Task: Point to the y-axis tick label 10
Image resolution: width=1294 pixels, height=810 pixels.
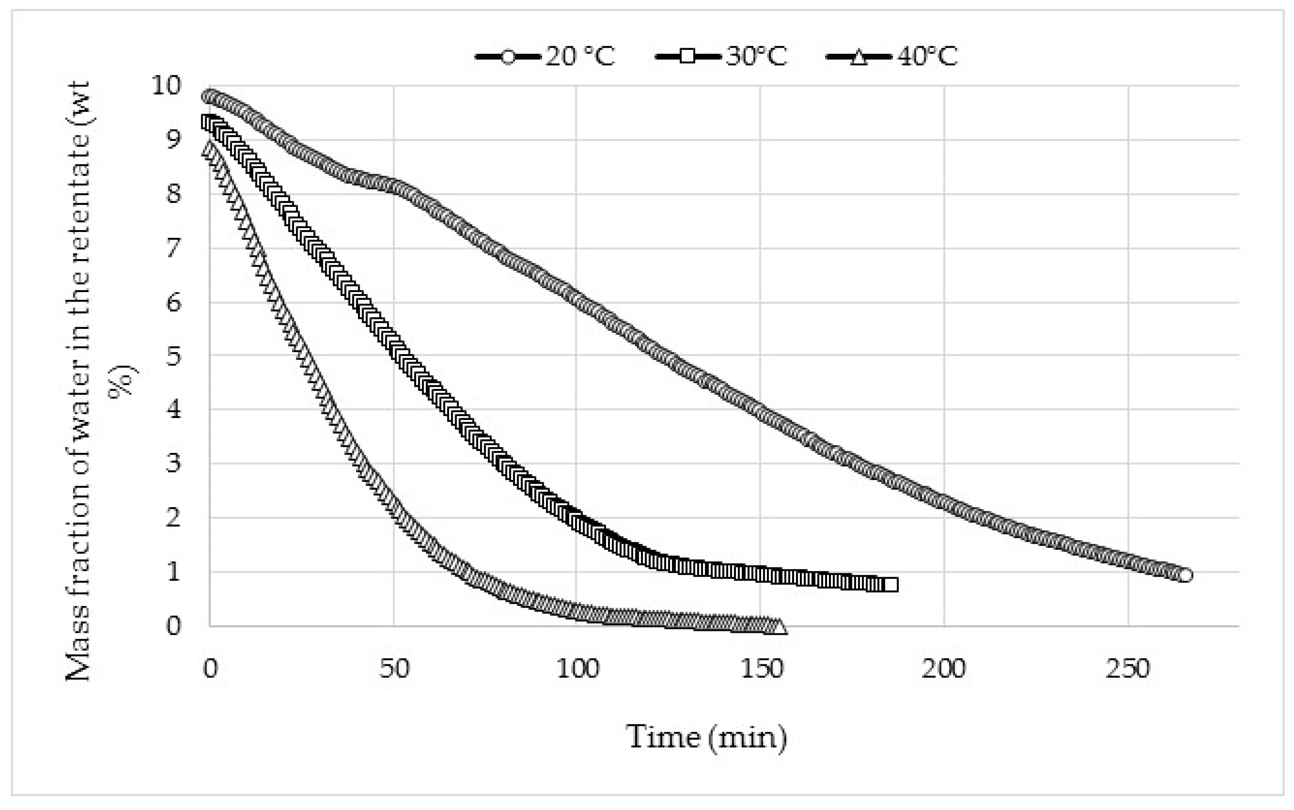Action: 166,86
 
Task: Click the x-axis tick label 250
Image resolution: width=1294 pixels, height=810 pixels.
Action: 1128,669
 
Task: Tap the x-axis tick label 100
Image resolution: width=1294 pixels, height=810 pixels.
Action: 577,669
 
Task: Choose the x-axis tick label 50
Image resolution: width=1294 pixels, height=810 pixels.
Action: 395,669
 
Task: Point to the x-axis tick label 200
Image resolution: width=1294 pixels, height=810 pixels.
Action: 944,669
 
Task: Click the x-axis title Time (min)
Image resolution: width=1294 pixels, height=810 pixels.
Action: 706,737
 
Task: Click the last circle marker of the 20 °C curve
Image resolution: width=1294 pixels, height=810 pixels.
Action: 1185,575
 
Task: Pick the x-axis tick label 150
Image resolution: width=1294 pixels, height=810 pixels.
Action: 760,669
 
